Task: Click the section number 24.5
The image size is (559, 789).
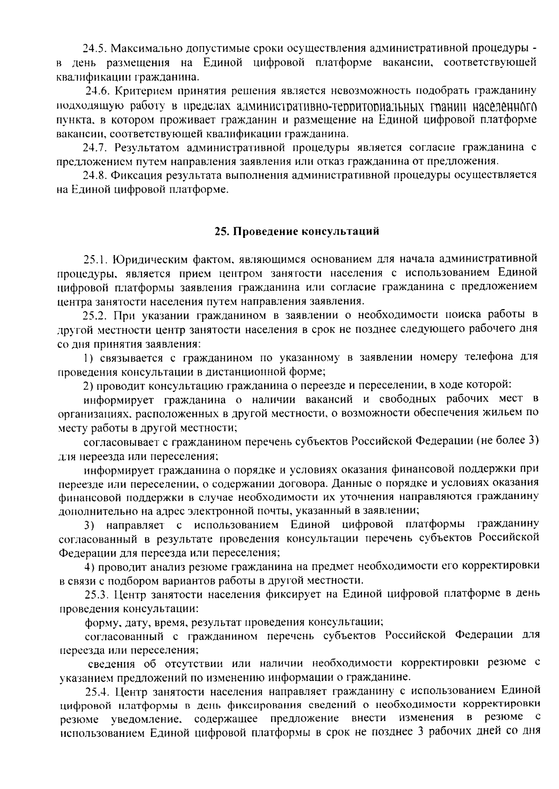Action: tap(95, 48)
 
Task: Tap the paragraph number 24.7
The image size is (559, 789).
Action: tap(95, 148)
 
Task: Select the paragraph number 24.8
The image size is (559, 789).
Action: tap(95, 175)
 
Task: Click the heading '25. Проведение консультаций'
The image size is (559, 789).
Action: tap(297, 231)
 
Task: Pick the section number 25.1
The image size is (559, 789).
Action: tap(95, 258)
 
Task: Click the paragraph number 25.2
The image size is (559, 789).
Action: tap(95, 316)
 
